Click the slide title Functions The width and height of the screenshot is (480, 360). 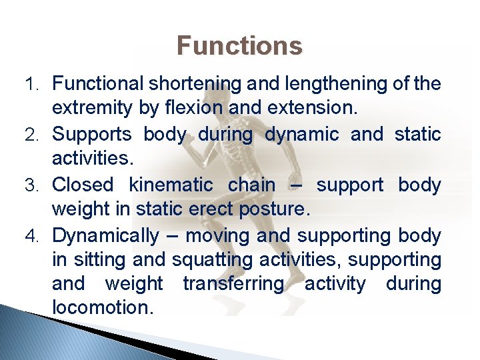239,46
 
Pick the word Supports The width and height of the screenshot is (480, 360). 92,134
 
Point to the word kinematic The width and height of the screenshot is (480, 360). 175,185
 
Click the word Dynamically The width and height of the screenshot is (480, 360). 105,236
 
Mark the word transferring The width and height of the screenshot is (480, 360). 234,284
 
